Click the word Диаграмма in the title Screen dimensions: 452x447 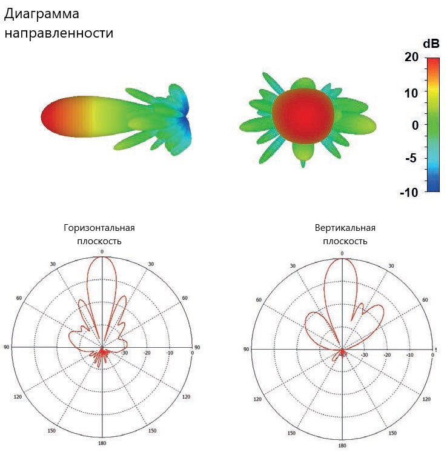(x=42, y=13)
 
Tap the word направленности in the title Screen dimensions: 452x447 (x=59, y=33)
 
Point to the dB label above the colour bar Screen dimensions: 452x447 (x=431, y=44)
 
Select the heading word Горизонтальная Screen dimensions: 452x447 (x=99, y=228)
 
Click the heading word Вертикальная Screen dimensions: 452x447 (x=345, y=228)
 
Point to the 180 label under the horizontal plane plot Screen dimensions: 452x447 (x=102, y=444)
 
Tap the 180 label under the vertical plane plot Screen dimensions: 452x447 (x=342, y=445)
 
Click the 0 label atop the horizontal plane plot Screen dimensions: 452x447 (x=102, y=251)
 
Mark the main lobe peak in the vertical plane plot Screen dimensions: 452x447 (x=342, y=258)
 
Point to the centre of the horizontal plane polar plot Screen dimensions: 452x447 (x=102, y=347)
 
